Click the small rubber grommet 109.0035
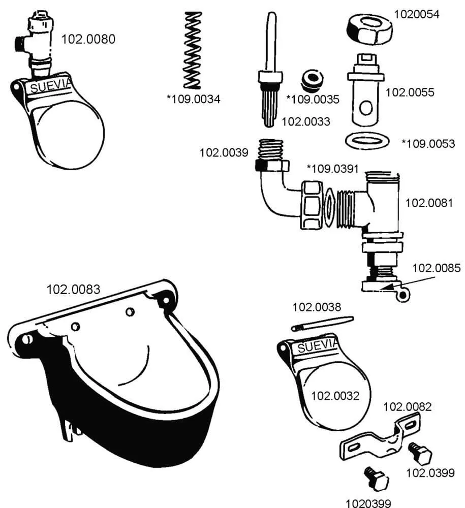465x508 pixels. tap(312, 79)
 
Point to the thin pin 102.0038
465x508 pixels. tap(322, 323)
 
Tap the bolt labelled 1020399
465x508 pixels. tap(376, 479)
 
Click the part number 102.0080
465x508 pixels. tap(88, 39)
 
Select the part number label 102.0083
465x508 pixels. tap(73, 290)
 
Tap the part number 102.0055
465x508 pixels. tap(410, 92)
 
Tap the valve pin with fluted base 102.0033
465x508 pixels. tap(270, 76)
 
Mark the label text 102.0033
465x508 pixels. tap(306, 121)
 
